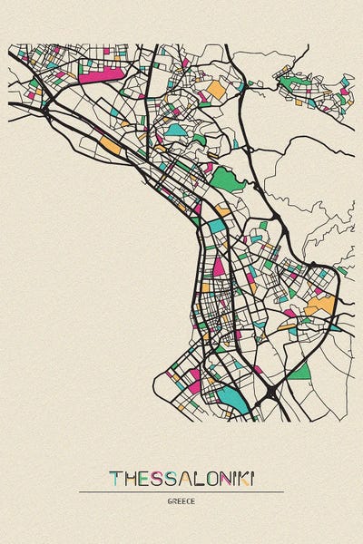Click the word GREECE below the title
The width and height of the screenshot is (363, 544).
pyautogui.click(x=181, y=500)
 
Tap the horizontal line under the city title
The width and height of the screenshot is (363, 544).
pyautogui.click(x=181, y=491)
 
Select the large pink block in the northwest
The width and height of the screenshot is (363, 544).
pyautogui.click(x=100, y=73)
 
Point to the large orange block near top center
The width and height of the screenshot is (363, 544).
pyautogui.click(x=216, y=89)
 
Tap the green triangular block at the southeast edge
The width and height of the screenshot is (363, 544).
pyautogui.click(x=299, y=370)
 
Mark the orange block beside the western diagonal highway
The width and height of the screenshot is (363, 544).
pyautogui.click(x=109, y=144)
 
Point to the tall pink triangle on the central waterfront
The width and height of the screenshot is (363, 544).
pyautogui.click(x=219, y=266)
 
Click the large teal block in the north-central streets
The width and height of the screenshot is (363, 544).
pyautogui.click(x=175, y=130)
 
